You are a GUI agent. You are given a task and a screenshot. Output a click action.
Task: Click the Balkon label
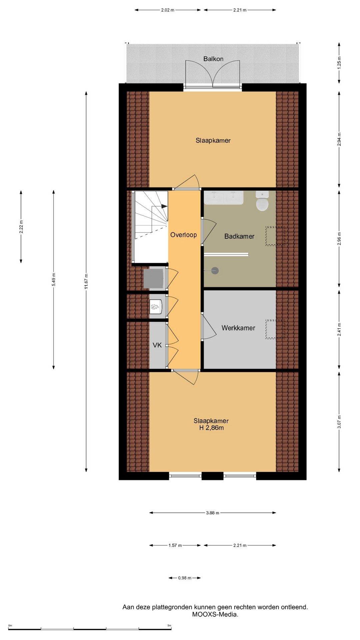point(213,59)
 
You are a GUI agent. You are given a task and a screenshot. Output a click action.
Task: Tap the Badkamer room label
point(239,236)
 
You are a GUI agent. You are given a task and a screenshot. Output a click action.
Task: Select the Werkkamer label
point(238,328)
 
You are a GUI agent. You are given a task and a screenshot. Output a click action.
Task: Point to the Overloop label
point(183,235)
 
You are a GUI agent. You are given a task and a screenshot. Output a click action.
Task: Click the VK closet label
point(157,345)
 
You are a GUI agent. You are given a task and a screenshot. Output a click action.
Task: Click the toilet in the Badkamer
point(262,201)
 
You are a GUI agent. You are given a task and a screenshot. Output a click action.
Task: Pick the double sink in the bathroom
point(224,198)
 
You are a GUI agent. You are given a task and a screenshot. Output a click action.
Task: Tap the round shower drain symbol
point(215,271)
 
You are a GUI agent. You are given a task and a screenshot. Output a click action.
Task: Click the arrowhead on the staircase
point(164,206)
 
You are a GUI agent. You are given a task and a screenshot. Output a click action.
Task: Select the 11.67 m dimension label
point(86,282)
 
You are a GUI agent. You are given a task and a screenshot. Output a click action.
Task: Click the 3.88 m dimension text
point(213,513)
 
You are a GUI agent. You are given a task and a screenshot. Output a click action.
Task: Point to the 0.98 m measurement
point(185,578)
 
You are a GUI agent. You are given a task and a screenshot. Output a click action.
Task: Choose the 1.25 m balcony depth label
point(339,63)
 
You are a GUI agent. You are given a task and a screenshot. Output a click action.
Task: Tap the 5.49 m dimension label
point(54,279)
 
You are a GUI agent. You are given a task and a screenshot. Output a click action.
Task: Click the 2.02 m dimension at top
point(168,10)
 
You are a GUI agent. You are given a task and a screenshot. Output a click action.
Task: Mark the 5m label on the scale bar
point(169,626)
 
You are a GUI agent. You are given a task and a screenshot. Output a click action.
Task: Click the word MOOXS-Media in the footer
point(215,615)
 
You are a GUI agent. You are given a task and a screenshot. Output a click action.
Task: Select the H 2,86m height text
point(211,428)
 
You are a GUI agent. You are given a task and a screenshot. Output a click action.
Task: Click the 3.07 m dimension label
point(339,422)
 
